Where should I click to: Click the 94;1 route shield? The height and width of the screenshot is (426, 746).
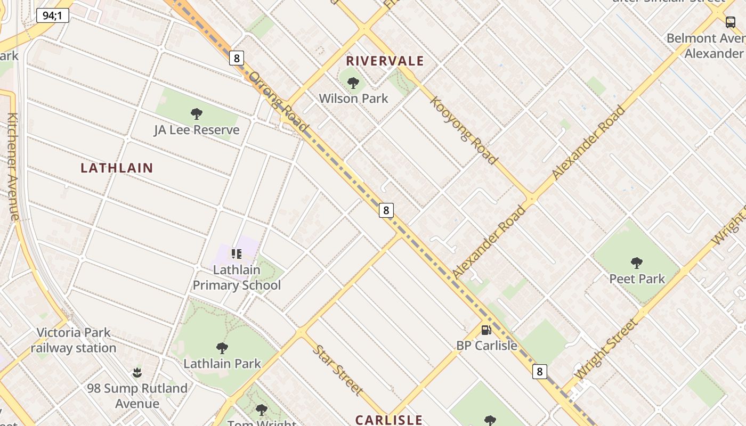coord(53,15)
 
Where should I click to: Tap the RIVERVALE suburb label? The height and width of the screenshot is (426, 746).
coord(385,61)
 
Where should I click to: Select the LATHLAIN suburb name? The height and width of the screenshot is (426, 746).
coord(117,168)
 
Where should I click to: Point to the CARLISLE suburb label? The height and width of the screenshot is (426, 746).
coord(389,420)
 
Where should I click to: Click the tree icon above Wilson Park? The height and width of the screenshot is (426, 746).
coord(353,83)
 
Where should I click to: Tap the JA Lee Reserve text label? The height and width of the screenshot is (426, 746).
coord(197,130)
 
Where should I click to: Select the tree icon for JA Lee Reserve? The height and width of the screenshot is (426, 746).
coord(196,113)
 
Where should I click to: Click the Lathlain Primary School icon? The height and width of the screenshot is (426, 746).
coord(236,254)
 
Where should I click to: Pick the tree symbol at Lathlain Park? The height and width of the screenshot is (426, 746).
coord(222,348)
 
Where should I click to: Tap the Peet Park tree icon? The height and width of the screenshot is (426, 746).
coord(636,263)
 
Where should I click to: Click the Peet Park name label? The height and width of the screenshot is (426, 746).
coord(637,279)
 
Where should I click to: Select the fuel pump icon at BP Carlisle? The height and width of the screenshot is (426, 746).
coord(486,330)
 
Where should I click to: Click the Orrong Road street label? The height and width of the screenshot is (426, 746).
coord(278,101)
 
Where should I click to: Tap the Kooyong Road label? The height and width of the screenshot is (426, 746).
coord(464,130)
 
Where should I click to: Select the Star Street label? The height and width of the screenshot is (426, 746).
coord(338,370)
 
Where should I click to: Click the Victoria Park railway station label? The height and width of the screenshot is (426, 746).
coord(74,340)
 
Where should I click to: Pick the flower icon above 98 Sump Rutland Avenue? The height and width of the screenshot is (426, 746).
coord(137,372)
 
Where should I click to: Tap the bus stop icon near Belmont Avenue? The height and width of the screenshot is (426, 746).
coord(730,22)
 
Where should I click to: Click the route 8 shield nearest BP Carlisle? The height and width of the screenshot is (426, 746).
coord(539,372)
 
